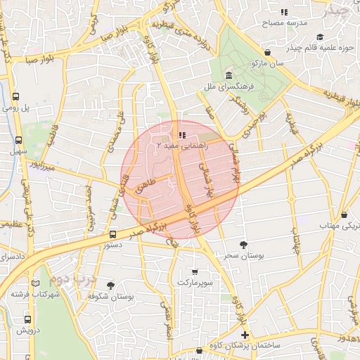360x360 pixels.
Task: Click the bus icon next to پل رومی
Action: click(x=16, y=97)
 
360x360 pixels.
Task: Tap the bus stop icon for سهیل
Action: click(x=16, y=139)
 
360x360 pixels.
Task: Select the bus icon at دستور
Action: click(x=112, y=234)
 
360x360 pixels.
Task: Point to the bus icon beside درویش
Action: click(x=18, y=319)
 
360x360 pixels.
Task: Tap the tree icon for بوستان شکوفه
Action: click(x=110, y=285)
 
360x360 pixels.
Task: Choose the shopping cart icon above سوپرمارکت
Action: click(x=194, y=271)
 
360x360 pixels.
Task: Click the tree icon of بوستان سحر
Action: click(x=243, y=245)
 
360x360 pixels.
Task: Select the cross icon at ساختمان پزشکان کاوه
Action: click(x=244, y=335)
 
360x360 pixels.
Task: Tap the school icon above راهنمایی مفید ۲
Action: click(x=182, y=134)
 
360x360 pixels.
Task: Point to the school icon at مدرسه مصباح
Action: click(x=284, y=12)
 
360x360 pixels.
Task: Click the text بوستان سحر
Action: click(x=243, y=257)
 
